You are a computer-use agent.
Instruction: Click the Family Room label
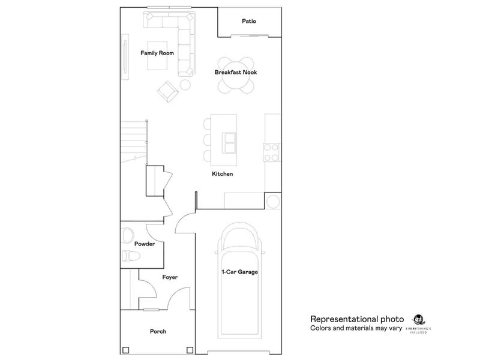[157, 53]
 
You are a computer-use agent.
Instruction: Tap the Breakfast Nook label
[236, 73]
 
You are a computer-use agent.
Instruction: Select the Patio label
[249, 21]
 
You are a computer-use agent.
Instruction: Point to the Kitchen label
[222, 175]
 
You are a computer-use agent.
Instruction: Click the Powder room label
[145, 244]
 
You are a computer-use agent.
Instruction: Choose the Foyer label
[170, 277]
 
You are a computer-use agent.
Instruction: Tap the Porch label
[158, 331]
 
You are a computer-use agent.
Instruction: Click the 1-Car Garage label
[239, 272]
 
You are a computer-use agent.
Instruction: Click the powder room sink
[127, 233]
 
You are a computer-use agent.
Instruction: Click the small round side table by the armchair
[185, 85]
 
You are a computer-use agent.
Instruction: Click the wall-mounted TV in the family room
[125, 53]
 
